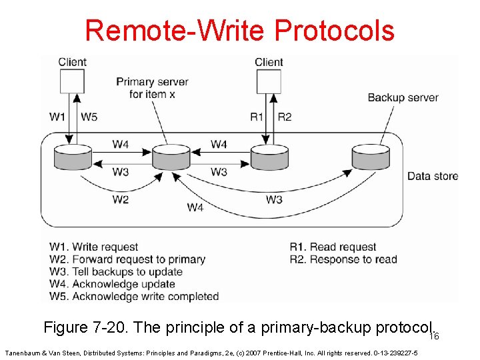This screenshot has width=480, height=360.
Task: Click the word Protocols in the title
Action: (x=334, y=30)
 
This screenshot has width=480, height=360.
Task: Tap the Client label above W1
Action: (x=72, y=62)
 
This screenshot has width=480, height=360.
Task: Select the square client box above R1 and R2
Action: (x=268, y=81)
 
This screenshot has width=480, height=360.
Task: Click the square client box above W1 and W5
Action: (x=72, y=81)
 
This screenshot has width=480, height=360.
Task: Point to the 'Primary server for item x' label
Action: (x=152, y=88)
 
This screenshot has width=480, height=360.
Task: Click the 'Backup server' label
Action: (x=403, y=97)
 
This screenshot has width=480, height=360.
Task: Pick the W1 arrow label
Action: (x=57, y=117)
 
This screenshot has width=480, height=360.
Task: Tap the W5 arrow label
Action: (x=89, y=117)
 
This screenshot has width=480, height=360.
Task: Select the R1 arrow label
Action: (x=257, y=117)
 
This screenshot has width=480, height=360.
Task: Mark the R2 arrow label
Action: (x=284, y=117)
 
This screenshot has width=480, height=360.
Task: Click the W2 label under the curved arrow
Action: (x=120, y=199)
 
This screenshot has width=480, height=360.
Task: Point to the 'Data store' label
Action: (x=433, y=176)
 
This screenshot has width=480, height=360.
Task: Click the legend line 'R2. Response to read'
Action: (x=343, y=259)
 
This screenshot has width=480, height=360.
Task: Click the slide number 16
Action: (x=434, y=337)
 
